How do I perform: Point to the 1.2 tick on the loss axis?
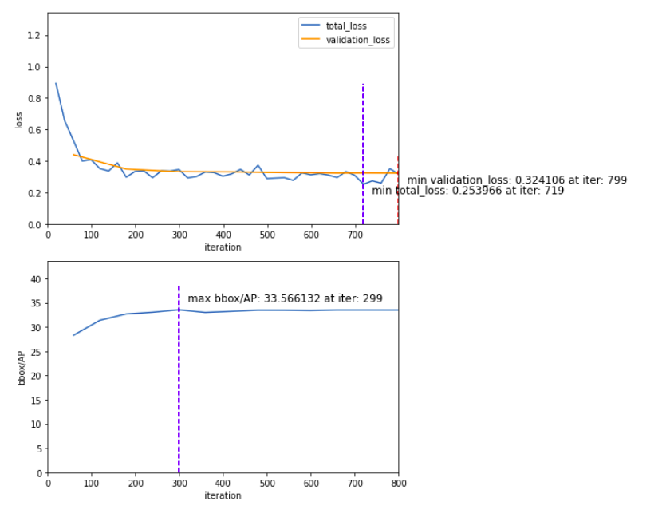click(34, 36)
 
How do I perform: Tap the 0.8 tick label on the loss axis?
click(34, 99)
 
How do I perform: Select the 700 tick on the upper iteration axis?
click(355, 235)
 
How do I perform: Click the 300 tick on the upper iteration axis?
click(179, 235)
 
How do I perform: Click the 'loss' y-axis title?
click(18, 120)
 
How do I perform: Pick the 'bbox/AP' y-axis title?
click(22, 368)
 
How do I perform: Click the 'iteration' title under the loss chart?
click(223, 247)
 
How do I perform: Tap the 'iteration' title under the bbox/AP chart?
click(223, 495)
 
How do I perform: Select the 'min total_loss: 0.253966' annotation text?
click(468, 191)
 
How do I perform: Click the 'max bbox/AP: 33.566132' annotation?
click(285, 299)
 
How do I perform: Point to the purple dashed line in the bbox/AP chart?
click(179, 383)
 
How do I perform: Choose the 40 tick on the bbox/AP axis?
click(34, 278)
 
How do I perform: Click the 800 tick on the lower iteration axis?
click(399, 483)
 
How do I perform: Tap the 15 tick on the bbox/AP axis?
click(34, 400)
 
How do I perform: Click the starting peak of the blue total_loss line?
click(56, 83)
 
